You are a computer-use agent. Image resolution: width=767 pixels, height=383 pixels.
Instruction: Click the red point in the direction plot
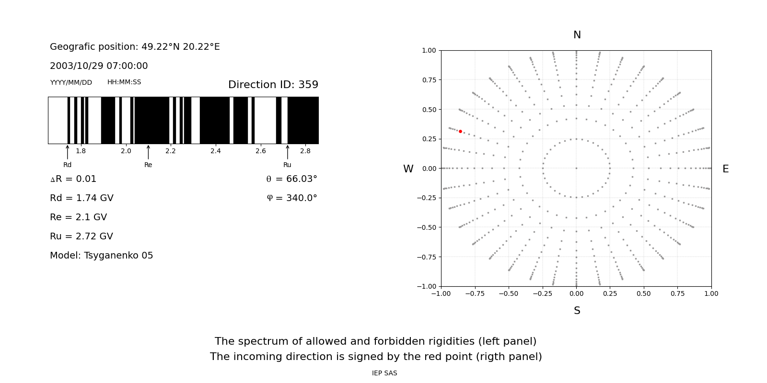point(460,131)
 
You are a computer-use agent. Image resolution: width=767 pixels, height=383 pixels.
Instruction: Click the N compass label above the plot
point(577,35)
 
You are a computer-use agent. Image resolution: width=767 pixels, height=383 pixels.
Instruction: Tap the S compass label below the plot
point(577,311)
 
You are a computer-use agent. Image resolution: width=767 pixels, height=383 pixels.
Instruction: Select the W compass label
point(408,169)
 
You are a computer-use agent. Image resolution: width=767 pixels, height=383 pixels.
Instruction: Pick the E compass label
point(725,169)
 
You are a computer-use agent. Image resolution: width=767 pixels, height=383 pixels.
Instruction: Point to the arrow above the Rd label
point(68,152)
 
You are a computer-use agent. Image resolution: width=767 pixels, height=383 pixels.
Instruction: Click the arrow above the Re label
point(148,152)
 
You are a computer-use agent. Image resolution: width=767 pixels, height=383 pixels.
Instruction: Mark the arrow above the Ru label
point(288,152)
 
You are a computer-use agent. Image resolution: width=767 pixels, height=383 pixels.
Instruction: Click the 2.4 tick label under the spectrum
point(216,151)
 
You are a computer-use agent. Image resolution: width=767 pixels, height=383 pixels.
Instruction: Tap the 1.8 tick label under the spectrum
point(81,151)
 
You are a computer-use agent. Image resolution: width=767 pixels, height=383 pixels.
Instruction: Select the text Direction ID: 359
point(273,85)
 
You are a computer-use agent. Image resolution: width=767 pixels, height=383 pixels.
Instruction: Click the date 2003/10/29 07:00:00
point(99,66)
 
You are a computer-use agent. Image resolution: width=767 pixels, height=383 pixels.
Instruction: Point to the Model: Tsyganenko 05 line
point(101,256)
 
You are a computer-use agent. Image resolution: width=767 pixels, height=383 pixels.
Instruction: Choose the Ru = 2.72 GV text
point(81,237)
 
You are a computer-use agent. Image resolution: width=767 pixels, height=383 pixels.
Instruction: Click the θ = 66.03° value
point(291,179)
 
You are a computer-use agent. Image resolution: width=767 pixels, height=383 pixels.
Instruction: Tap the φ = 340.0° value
point(291,198)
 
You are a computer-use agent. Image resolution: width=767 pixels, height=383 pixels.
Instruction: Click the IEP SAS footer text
point(384,373)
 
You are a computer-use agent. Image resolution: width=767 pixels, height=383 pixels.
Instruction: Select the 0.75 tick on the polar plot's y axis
point(429,80)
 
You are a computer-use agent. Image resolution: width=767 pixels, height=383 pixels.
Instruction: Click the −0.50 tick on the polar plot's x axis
point(509,293)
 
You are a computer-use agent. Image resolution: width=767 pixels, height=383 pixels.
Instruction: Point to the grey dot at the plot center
point(576,168)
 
